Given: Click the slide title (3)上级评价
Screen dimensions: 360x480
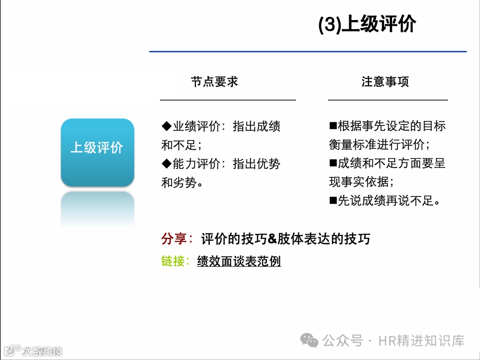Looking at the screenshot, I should point(367,25).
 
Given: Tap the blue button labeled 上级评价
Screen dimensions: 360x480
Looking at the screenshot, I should point(97,148).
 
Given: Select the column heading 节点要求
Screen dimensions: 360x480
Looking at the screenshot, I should point(215,82).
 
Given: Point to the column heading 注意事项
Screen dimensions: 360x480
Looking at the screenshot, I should point(385,82).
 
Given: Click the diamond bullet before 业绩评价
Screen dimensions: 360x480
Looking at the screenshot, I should point(166,127).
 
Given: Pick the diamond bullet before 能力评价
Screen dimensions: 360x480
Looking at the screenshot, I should point(166,164).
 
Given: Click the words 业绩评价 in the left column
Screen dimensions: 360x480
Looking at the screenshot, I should point(196,127).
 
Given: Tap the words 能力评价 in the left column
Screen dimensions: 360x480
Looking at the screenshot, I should point(196,164).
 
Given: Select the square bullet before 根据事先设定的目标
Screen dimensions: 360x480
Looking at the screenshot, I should point(333,126).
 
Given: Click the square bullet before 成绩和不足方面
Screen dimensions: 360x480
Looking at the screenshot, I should point(333,163).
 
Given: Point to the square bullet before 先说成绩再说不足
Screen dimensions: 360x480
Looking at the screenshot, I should point(333,200).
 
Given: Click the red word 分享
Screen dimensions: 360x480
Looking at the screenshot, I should point(174,239).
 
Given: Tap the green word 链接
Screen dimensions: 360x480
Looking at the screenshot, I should point(173,261).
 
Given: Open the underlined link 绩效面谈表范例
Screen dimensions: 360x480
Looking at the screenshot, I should point(239,261).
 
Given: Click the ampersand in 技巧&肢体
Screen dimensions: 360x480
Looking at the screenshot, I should point(272,239).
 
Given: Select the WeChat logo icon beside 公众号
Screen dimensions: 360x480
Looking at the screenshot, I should point(309,341).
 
